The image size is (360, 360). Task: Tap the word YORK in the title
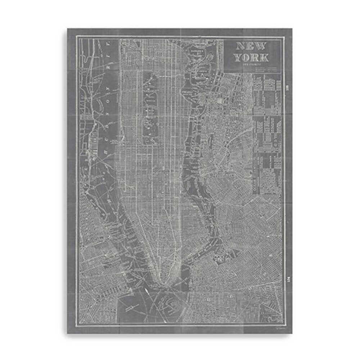252,58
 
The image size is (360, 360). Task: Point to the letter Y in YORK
238,58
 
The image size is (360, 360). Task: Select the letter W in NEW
260,46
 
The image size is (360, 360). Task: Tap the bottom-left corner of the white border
77,325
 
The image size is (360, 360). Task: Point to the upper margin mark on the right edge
287,87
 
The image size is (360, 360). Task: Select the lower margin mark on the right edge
287,269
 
